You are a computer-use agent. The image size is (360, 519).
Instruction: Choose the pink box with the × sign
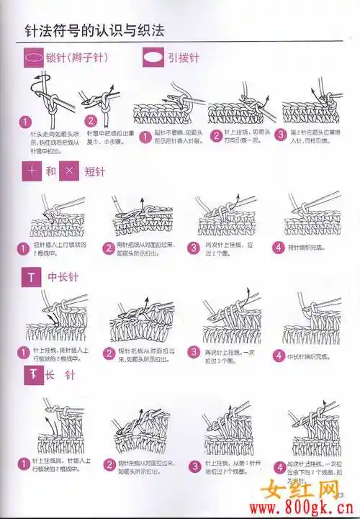pyautogui.click(x=68, y=171)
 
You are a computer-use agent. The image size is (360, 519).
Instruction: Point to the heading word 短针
pyautogui.click(x=95, y=172)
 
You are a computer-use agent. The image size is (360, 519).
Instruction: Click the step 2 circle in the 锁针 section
pyautogui.click(x=91, y=122)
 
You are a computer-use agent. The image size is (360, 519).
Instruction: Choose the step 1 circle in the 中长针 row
pyautogui.click(x=24, y=353)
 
